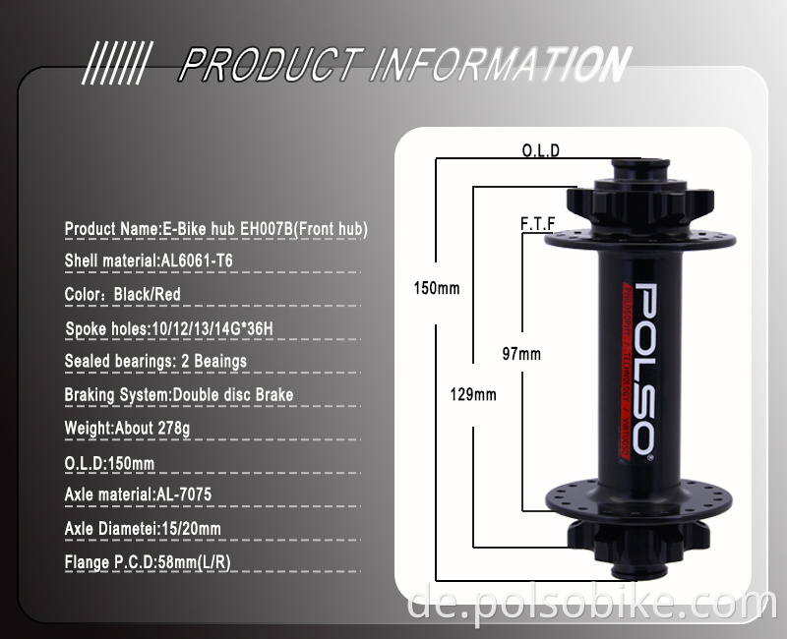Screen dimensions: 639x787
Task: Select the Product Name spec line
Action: [x=215, y=229]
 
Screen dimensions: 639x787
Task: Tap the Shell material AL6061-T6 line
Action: [x=149, y=261]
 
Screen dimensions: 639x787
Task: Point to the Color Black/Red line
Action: [x=123, y=294]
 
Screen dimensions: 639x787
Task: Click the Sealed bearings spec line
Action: [x=155, y=361]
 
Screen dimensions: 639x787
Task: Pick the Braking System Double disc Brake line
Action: [x=179, y=395]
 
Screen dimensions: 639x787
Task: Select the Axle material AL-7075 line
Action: [x=138, y=494]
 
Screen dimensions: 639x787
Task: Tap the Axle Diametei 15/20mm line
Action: [x=143, y=529]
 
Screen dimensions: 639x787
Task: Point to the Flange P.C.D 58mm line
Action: [x=148, y=562]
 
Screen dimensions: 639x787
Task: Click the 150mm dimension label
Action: [x=436, y=289]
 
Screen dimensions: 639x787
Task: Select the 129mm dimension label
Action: [x=473, y=394]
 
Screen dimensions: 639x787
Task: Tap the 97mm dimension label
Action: [x=521, y=354]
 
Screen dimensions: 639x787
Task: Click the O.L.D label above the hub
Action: [x=540, y=150]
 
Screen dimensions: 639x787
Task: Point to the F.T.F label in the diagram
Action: [x=537, y=224]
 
